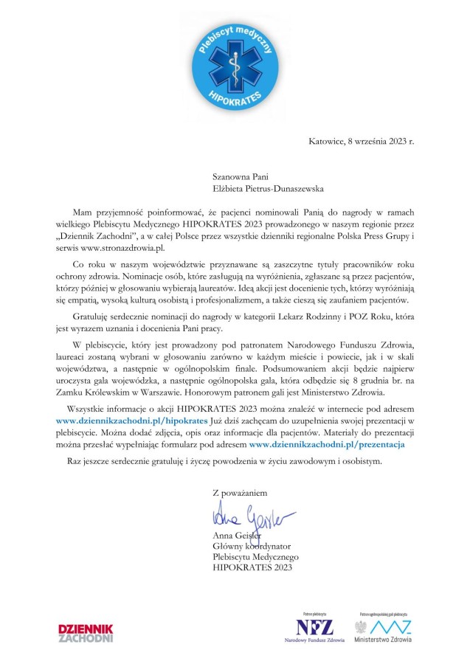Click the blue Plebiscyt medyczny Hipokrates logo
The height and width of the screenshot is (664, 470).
click(x=235, y=63)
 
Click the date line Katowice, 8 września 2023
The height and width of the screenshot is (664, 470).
click(x=361, y=141)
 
